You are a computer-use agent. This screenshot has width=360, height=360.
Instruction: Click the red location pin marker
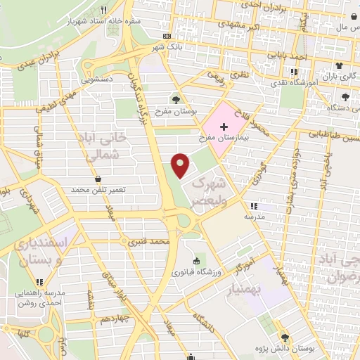pos(181,165)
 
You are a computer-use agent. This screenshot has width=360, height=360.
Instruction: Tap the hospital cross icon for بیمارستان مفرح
pos(224,127)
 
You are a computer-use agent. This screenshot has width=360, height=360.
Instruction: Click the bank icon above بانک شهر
pos(167,36)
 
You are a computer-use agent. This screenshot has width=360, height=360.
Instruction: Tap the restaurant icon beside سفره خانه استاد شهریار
pos(104,10)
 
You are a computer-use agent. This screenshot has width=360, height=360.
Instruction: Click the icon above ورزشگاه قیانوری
pos(196,261)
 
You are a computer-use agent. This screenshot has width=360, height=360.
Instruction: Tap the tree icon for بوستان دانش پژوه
pos(285,337)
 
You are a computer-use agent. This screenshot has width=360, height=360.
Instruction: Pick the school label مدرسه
pos(254,217)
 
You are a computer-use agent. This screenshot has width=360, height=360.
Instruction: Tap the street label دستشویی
pos(96,80)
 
